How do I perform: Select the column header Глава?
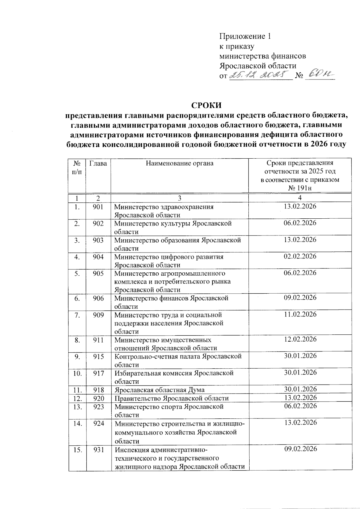tap(98, 163)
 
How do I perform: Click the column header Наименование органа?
tap(180, 163)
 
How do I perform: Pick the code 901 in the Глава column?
tap(98, 207)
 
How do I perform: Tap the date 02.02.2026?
tap(300, 256)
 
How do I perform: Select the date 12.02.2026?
tap(300, 339)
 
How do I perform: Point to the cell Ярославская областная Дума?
tap(159, 390)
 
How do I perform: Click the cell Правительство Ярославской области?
tap(172, 398)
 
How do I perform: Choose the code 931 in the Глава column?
tap(98, 450)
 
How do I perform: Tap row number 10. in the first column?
tap(77, 373)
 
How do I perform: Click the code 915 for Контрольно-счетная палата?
tap(98, 357)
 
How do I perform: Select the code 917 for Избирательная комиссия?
tap(98, 373)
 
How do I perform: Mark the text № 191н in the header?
tap(300, 188)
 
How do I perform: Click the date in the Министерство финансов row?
tap(300, 298)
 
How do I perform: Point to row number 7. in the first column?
tap(77, 315)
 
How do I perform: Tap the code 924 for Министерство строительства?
tap(98, 423)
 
